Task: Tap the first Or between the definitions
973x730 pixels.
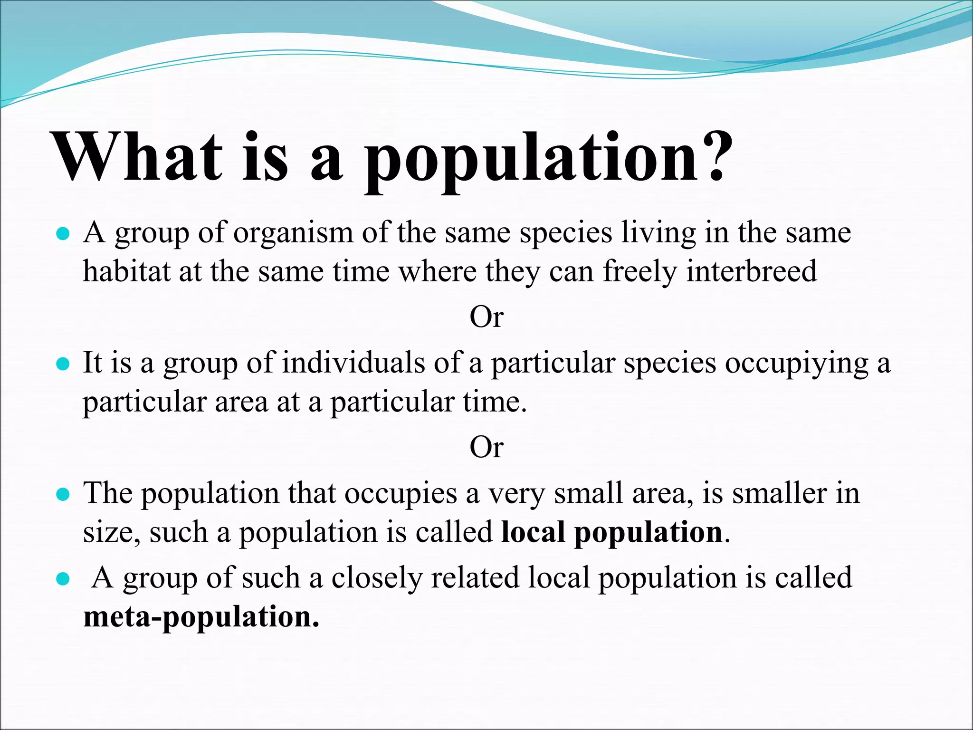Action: point(486,317)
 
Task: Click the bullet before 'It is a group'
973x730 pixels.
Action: point(63,365)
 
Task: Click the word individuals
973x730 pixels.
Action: point(354,363)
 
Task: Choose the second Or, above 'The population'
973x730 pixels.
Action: point(486,447)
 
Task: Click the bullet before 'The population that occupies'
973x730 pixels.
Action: point(63,495)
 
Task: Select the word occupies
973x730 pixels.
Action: point(400,494)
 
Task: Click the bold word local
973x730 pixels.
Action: point(533,532)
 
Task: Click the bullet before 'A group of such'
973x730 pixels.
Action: point(63,579)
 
